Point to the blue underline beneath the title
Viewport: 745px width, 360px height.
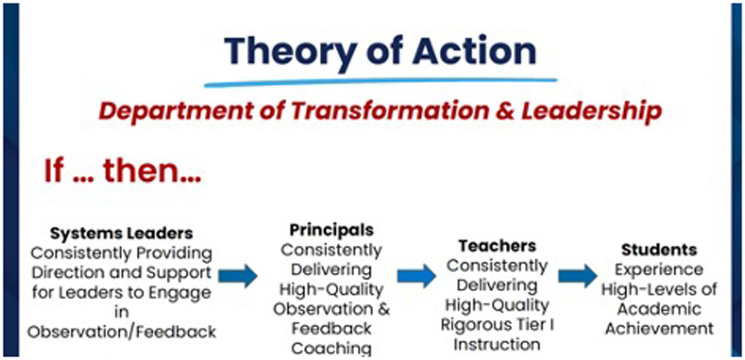tap(380, 82)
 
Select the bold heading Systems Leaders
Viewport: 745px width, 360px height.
tap(121, 233)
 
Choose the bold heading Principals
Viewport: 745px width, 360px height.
tap(332, 230)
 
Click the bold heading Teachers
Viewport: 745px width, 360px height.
tap(497, 245)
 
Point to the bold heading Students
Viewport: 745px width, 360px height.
tap(659, 249)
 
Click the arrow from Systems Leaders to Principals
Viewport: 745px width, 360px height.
tap(237, 275)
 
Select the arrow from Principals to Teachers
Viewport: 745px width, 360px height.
tap(416, 276)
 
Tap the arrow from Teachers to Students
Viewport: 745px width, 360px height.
tap(577, 276)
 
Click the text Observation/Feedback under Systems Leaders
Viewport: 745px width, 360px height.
tap(121, 332)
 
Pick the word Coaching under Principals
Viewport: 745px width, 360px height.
tap(332, 348)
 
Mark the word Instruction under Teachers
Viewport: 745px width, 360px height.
tap(497, 345)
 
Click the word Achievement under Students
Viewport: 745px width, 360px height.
tap(659, 329)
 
